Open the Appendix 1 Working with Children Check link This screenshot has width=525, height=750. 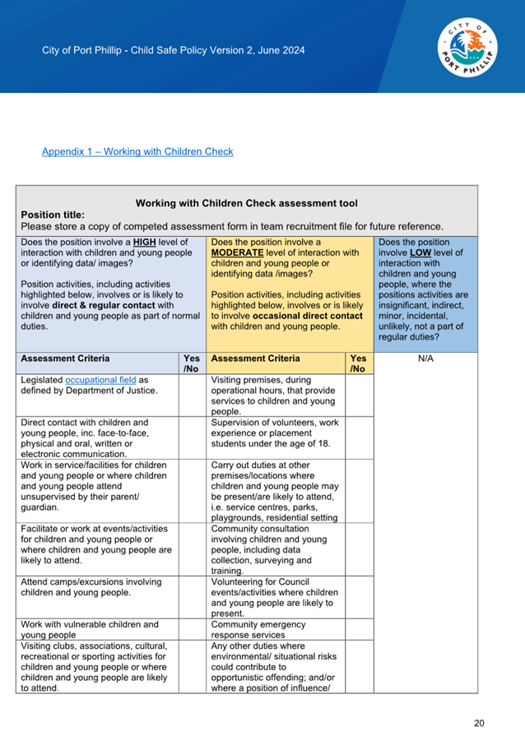click(137, 151)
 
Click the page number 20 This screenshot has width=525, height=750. click(480, 724)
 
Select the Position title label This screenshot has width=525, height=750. click(53, 215)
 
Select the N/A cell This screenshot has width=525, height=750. click(425, 359)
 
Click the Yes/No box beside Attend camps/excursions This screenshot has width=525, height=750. click(192, 597)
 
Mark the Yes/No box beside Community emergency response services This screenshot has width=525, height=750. click(359, 630)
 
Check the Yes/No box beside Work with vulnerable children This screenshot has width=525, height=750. click(192, 630)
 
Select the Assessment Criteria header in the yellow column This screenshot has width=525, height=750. click(255, 359)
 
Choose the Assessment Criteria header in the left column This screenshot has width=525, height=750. click(65, 359)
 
